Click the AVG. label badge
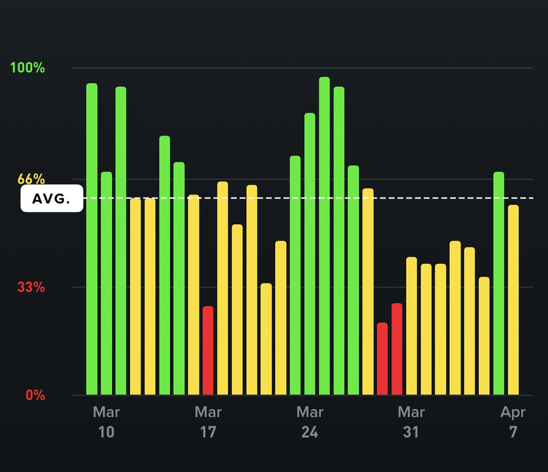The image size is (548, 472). [x=51, y=199]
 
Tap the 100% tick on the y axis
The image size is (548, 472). [x=27, y=68]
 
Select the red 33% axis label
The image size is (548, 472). [x=31, y=287]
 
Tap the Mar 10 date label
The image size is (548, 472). [x=106, y=422]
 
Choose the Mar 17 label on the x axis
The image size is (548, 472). [x=208, y=422]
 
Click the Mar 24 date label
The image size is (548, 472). [x=309, y=422]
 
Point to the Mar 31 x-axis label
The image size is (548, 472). [x=411, y=422]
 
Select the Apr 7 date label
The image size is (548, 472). [x=513, y=422]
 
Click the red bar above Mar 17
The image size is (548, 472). [x=208, y=350]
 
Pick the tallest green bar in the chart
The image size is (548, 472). [x=324, y=236]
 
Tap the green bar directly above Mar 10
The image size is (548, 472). [x=106, y=283]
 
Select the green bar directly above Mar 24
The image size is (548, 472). [x=310, y=254]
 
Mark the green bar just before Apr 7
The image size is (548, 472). [x=499, y=283]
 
